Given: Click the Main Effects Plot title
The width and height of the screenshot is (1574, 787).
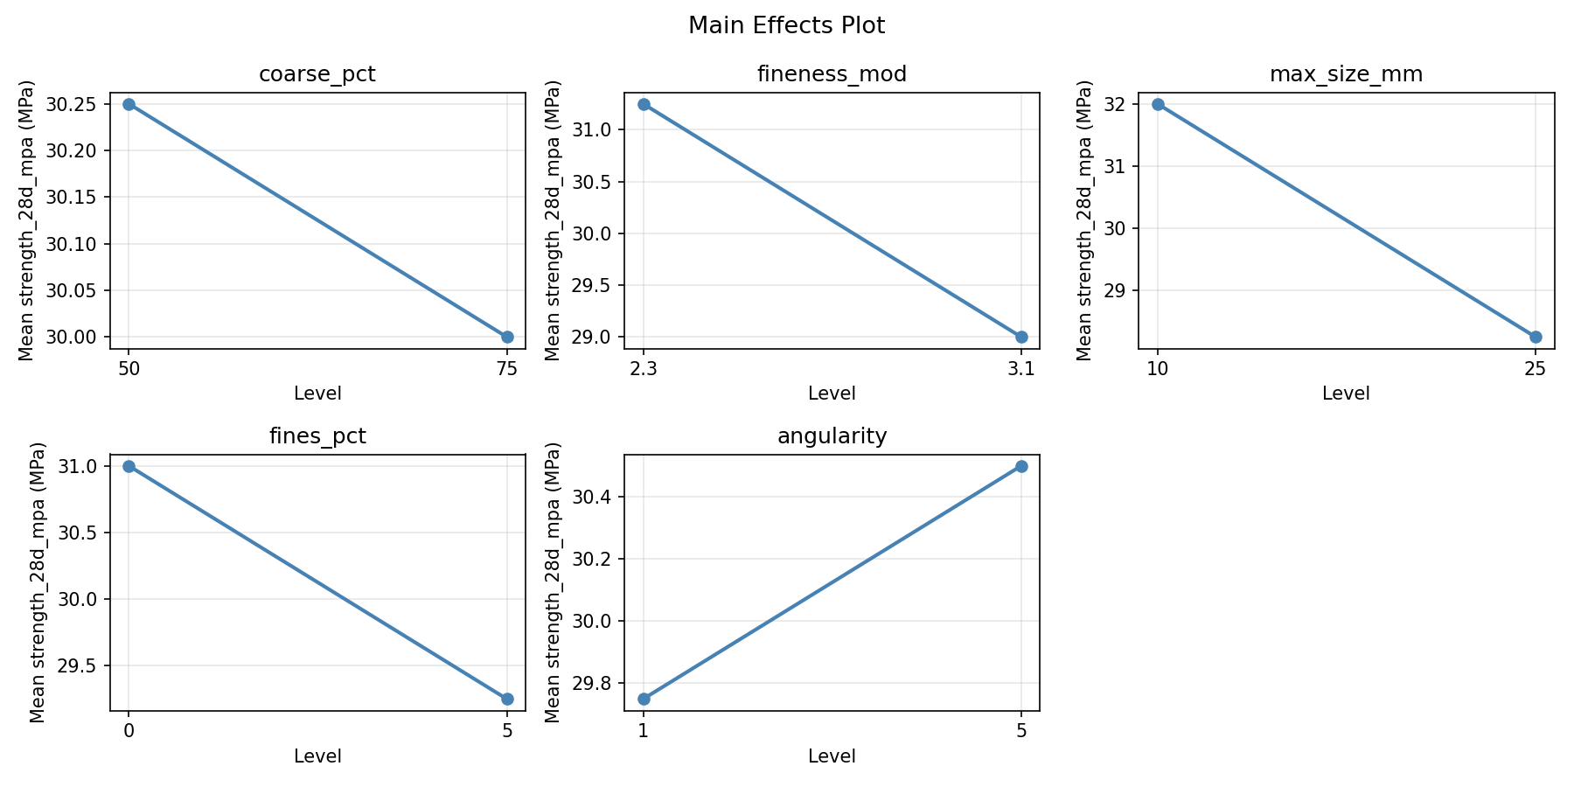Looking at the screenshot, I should (786, 26).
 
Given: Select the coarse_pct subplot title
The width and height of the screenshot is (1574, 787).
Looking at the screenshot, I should (317, 74).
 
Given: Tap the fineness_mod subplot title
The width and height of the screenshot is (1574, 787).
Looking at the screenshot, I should (832, 74).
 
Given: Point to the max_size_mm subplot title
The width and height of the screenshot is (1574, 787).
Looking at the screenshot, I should (1346, 74).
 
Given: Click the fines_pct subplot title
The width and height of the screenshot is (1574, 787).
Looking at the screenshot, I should (317, 436).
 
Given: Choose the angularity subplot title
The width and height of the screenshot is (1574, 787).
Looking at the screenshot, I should (832, 436).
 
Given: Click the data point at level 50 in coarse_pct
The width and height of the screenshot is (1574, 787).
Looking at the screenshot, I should (129, 104).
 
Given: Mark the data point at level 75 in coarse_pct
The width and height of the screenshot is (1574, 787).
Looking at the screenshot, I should (507, 337).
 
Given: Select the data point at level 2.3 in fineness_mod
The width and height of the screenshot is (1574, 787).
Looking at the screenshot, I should (644, 104).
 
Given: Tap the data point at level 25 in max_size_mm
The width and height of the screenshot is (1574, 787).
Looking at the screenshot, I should (1536, 337).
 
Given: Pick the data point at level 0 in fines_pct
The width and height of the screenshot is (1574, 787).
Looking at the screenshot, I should (129, 466).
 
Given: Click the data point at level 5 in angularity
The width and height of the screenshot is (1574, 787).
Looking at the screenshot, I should (1021, 466).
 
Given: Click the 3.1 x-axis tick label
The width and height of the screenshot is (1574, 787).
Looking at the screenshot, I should (1021, 369).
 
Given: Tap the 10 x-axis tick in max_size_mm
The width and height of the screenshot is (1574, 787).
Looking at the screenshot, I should (1158, 369).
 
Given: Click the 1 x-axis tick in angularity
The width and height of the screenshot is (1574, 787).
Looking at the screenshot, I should (644, 731).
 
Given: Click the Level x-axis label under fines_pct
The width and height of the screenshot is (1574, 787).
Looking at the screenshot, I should (317, 756).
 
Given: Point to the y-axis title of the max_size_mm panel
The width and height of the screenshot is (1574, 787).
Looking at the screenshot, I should (1084, 220).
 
